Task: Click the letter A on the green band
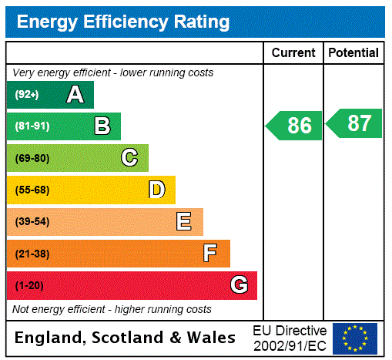(75, 95)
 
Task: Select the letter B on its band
(102, 126)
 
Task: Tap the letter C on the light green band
(129, 158)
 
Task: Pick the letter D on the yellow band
(156, 190)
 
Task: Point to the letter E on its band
(184, 222)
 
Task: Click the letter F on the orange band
(210, 254)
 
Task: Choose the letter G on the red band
(239, 285)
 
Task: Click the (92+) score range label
(27, 95)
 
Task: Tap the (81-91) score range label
(32, 126)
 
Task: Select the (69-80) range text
(32, 158)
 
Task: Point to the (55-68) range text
(32, 190)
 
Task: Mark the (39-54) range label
(32, 222)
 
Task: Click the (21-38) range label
(32, 254)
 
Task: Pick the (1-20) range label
(29, 285)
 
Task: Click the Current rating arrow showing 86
(295, 126)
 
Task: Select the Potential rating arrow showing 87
(354, 123)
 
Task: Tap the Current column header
(293, 53)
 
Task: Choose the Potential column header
(353, 53)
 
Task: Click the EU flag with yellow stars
(355, 338)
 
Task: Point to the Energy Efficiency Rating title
(123, 22)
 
